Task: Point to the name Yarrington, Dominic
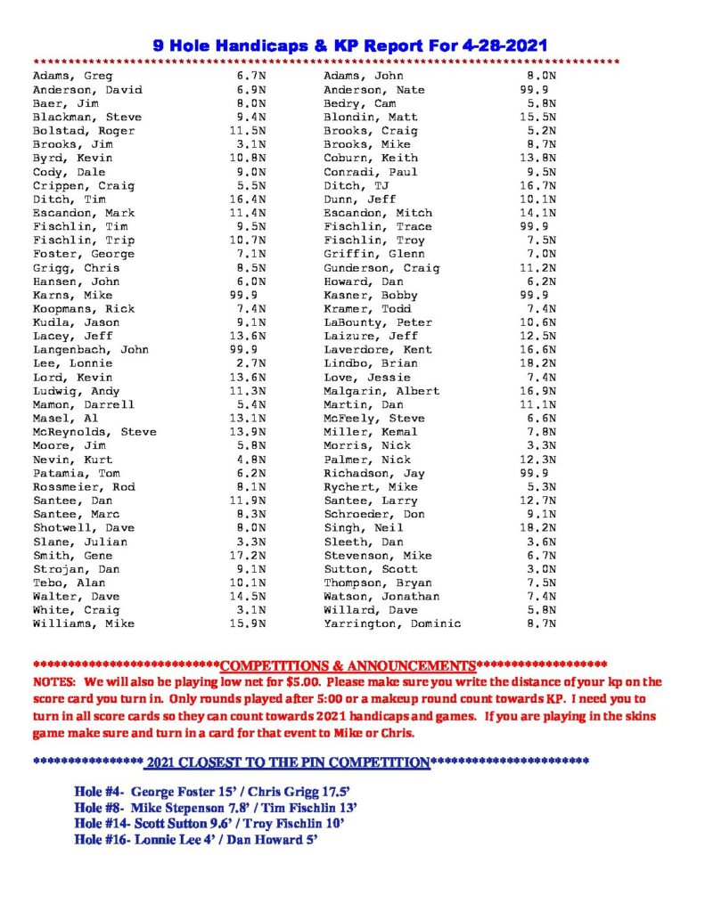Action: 392,624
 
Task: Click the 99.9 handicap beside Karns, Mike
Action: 244,296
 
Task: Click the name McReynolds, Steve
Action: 94,432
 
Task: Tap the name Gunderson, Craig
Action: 381,268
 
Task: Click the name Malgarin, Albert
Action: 381,391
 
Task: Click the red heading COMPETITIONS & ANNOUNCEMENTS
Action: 348,666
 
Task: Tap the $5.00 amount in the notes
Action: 301,681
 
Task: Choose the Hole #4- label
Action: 102,793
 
